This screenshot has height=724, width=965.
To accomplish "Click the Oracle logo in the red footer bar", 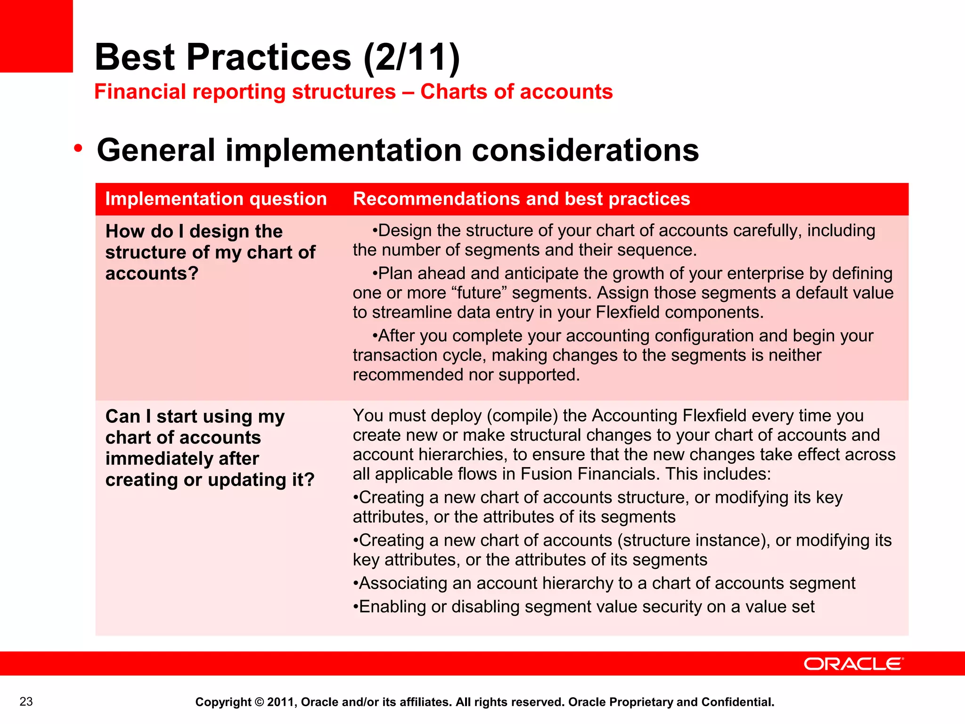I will coord(853,664).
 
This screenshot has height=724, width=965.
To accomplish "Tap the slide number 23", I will coord(26,702).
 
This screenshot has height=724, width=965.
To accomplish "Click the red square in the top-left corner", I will coord(36,36).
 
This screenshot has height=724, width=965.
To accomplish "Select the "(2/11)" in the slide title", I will coord(412,58).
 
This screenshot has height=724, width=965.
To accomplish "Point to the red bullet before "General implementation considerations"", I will coord(78,149).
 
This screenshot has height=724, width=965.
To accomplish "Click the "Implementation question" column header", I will coord(216,199).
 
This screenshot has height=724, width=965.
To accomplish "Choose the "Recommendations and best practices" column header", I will coord(521,199).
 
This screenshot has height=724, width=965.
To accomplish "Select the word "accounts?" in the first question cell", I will coord(152,273).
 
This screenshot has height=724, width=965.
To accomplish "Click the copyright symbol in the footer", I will coord(259,702).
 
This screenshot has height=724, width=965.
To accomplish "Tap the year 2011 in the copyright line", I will coord(280,702).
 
